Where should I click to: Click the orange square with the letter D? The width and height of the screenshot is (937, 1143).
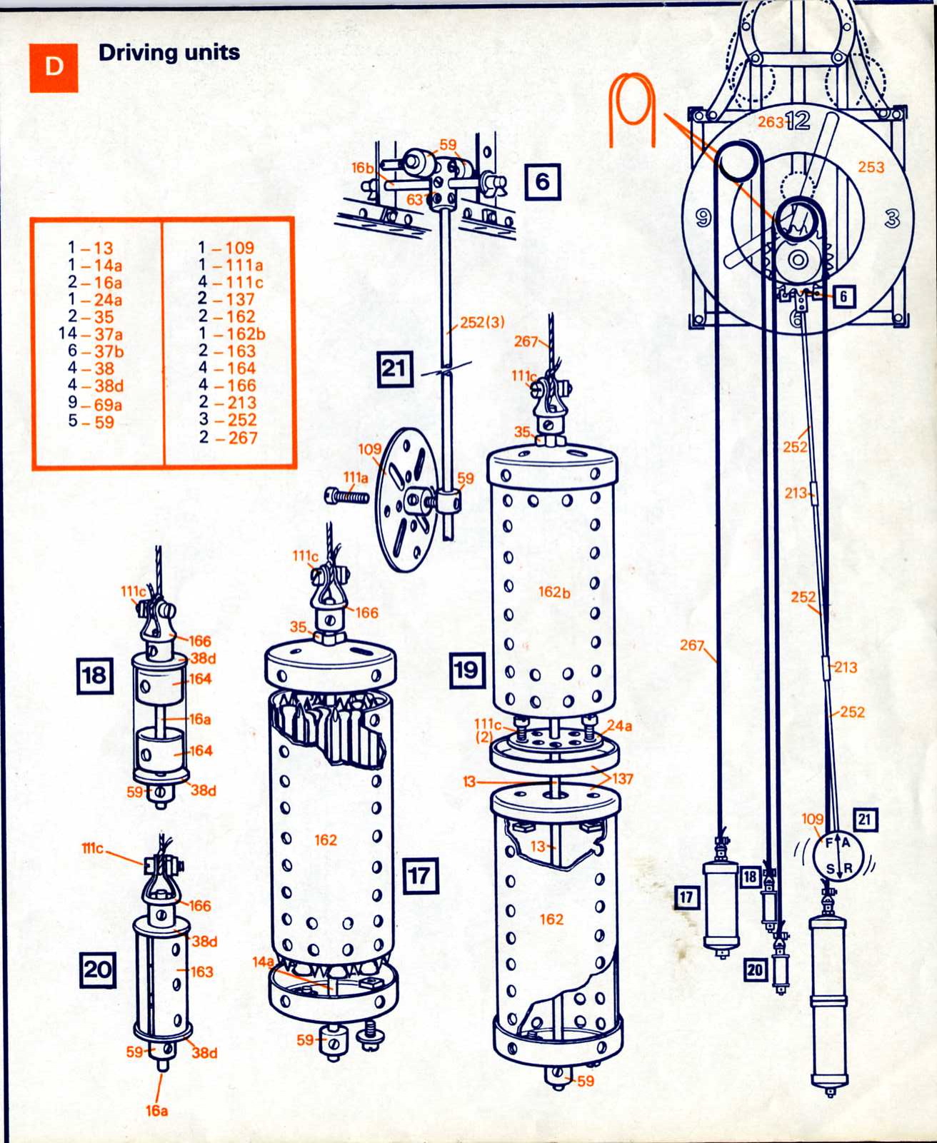[54, 67]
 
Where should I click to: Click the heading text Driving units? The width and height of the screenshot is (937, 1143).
[169, 53]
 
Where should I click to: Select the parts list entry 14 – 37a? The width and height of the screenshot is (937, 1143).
[91, 334]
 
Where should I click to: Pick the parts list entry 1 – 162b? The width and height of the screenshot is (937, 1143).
[231, 334]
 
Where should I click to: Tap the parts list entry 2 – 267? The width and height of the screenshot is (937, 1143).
[228, 438]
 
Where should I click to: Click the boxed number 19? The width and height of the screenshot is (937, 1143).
[467, 670]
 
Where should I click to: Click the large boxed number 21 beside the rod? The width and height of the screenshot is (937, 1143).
[395, 369]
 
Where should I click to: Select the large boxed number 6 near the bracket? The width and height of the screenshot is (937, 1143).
[542, 182]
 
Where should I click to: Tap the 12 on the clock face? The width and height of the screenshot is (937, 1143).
[798, 121]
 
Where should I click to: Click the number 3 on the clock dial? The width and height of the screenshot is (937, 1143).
[892, 219]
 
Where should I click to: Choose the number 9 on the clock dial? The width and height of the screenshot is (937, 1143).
[703, 218]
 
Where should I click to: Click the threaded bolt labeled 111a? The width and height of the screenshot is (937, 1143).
[347, 495]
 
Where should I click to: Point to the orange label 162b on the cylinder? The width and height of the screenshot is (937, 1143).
[554, 593]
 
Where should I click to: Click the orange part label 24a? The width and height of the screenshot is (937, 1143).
[619, 725]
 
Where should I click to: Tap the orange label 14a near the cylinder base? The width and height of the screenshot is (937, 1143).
[264, 962]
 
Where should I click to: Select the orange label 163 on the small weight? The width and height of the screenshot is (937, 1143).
[201, 972]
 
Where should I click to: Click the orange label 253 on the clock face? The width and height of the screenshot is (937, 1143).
[871, 167]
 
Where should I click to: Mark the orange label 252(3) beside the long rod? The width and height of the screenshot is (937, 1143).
[482, 322]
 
